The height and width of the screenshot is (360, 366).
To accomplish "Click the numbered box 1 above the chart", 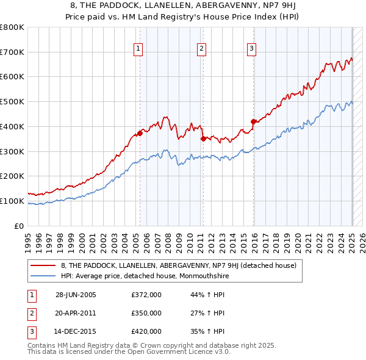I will pos(138,50).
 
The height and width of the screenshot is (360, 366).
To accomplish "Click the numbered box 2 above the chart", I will pos(201,50).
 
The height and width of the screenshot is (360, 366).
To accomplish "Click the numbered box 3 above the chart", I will pos(251,50).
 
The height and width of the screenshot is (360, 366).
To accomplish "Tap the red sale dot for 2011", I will pos(203,139).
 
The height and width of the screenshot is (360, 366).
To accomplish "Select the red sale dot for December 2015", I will pos(253,121).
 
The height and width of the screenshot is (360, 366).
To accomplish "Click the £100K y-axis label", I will pos(13,201).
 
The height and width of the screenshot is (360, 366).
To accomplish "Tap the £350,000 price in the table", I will pos(146,313).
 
